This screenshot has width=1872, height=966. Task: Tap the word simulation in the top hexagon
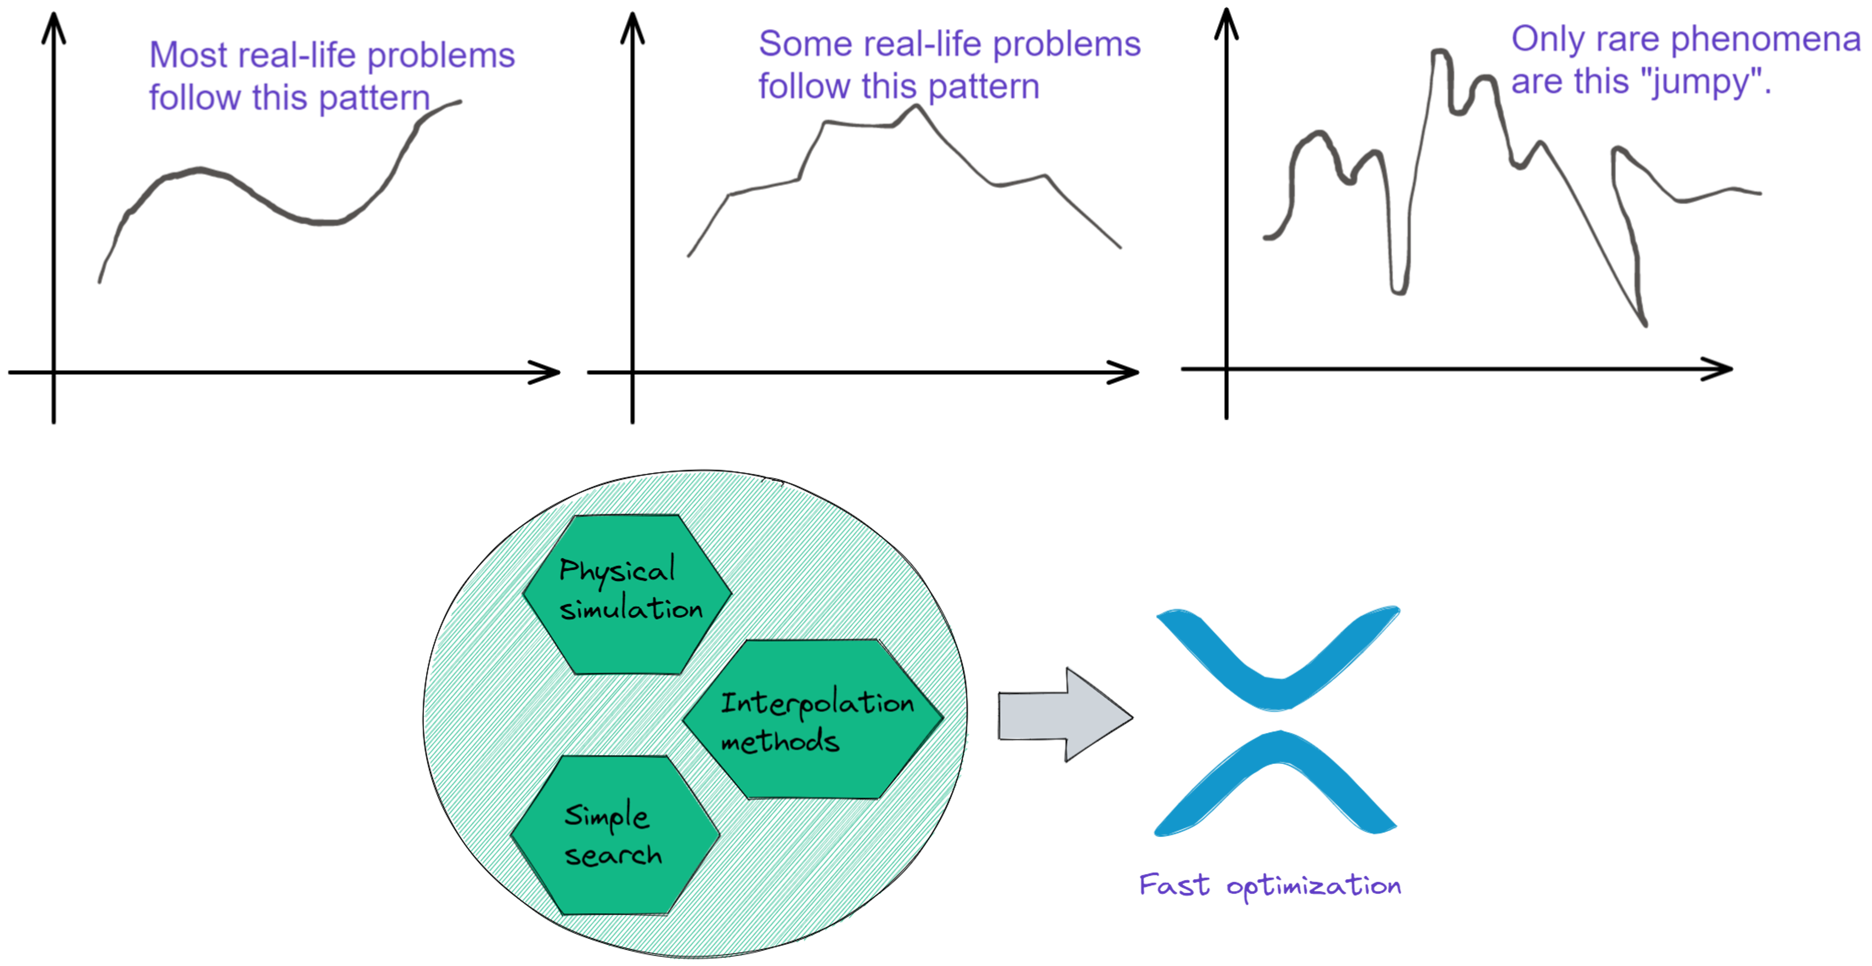pos(631,609)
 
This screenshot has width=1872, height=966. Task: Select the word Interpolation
pos(817,703)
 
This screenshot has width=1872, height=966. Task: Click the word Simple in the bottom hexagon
pos(606,817)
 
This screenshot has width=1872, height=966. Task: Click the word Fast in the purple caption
pos(1174,885)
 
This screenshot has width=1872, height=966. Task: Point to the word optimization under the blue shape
pos(1314,887)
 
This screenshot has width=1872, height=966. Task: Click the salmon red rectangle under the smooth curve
pos(185,276)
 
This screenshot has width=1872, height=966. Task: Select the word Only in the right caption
pos(1548,40)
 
